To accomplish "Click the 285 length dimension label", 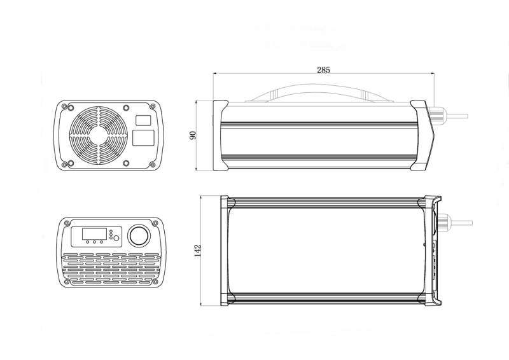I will [x=323, y=70].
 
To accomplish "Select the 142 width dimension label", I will [x=198, y=250].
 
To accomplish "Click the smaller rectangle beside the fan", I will [x=144, y=120].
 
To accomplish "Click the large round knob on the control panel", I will [x=138, y=235].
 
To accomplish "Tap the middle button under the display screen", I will [x=94, y=242].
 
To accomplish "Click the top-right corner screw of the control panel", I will [x=153, y=223].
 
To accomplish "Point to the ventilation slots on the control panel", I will [x=108, y=267].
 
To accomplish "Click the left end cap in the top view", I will [x=225, y=251].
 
